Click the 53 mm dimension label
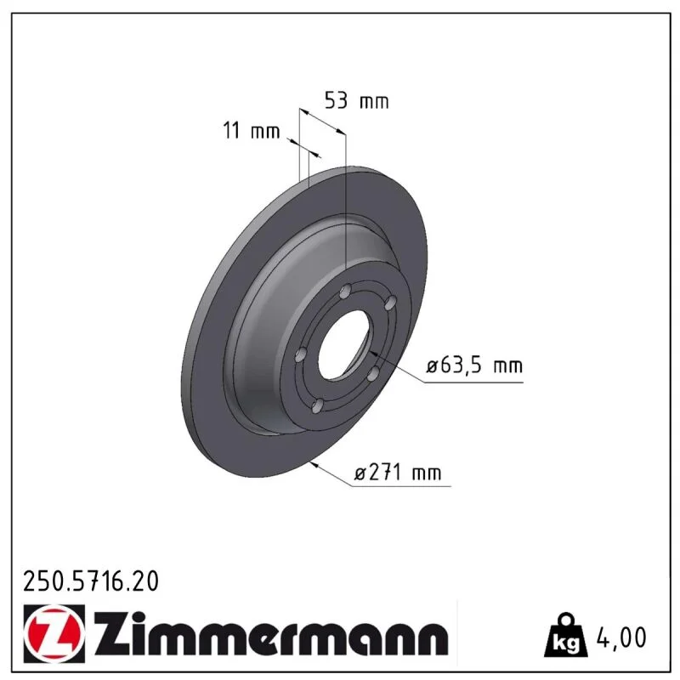tap(356, 101)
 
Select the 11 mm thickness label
tap(252, 131)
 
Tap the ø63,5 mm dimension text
tap(474, 366)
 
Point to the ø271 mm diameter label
tap(397, 473)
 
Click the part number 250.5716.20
tap(91, 581)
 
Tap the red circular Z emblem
tap(54, 634)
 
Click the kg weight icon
tap(566, 637)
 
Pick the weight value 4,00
tap(621, 637)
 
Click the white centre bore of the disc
tap(343, 345)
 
